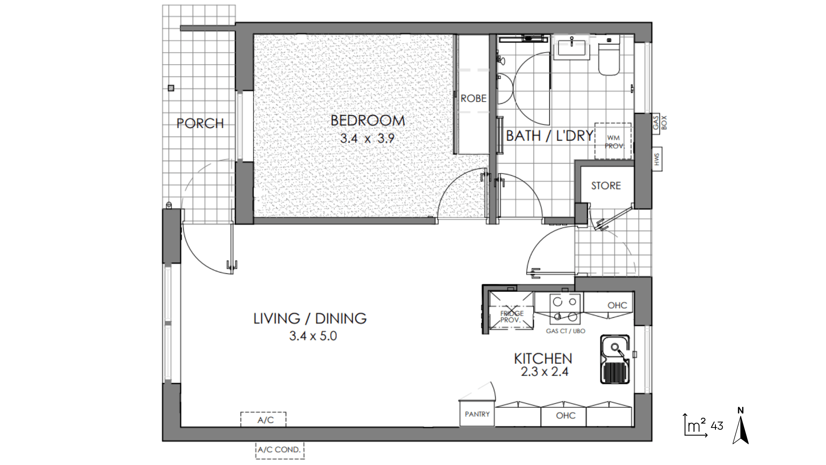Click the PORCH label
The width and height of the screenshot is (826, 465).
(200, 124)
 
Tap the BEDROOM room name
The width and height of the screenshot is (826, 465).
(368, 121)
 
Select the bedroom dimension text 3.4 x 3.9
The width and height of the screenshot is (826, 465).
(367, 138)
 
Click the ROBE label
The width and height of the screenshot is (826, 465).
(473, 99)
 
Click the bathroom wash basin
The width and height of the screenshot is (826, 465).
(572, 48)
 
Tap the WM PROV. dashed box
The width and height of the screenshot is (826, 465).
(613, 141)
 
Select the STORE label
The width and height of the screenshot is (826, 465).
(606, 186)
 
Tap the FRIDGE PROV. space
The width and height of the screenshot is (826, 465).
(512, 310)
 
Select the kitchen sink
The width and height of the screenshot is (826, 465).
(615, 359)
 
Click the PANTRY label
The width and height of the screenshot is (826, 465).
(477, 414)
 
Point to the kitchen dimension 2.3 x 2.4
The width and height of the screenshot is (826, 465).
(544, 372)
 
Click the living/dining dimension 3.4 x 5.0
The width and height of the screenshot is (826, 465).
(313, 336)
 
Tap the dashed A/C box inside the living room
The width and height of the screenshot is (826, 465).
(263, 420)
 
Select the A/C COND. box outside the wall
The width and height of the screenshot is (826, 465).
(280, 450)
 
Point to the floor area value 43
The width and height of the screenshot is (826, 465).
(717, 426)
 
